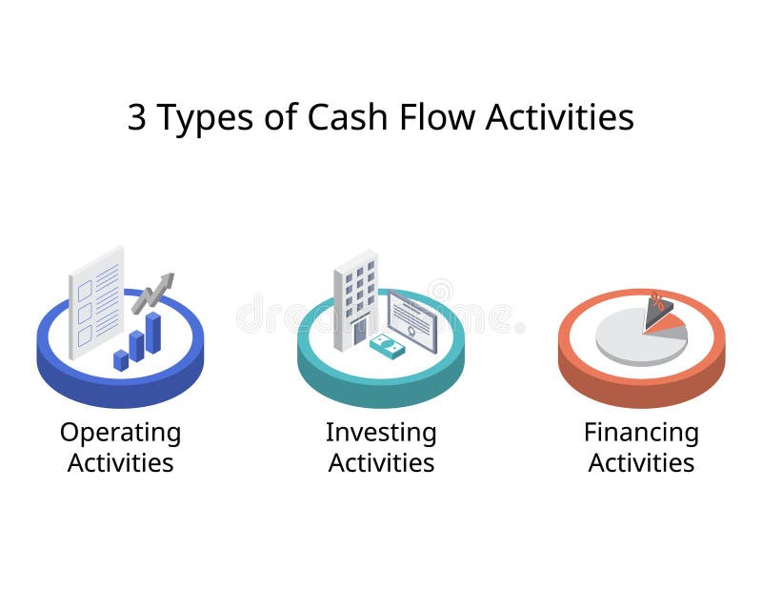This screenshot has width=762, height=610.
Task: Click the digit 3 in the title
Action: (x=138, y=117)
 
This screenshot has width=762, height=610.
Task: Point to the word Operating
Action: (x=120, y=434)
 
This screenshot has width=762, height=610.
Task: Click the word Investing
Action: (x=381, y=433)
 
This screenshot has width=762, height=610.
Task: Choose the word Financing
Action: (x=641, y=433)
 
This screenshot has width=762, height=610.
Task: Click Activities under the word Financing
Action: (x=641, y=463)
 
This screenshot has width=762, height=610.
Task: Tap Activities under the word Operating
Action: (x=120, y=463)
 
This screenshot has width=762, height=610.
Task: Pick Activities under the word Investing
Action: (x=381, y=463)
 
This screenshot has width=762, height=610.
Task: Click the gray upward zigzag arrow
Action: (x=153, y=292)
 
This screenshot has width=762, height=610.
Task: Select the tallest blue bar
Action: (x=153, y=333)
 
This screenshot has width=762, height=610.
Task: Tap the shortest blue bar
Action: (x=121, y=359)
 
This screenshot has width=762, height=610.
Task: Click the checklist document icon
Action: (x=96, y=299)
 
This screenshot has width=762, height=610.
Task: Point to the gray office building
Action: (x=355, y=298)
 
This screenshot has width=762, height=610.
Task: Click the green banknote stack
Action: (x=388, y=345)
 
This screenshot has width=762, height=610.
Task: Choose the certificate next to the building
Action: (x=412, y=320)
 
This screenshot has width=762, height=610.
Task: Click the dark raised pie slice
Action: (x=657, y=313)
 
